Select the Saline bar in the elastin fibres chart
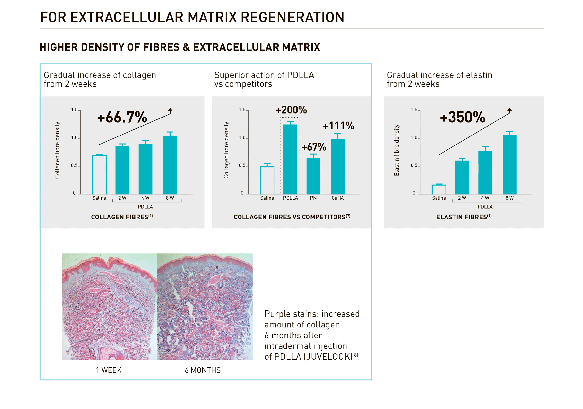[x=439, y=190]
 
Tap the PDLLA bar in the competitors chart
[x=290, y=159]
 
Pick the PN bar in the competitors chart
[x=313, y=176]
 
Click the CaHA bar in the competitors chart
[x=338, y=166]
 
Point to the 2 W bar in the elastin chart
[x=462, y=177]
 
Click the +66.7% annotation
[x=122, y=117]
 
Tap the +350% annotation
[x=462, y=117]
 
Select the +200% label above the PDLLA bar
[x=291, y=110]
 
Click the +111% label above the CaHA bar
[x=338, y=126]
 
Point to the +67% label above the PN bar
[x=314, y=147]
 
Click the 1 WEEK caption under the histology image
[x=109, y=370]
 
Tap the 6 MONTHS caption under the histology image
[x=203, y=370]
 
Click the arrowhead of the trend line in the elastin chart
[x=509, y=110]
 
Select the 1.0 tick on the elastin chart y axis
[x=414, y=138]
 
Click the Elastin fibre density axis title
[x=397, y=150]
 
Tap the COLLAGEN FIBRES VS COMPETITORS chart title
[x=292, y=217]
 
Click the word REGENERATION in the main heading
[x=292, y=17]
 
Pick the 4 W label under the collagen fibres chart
[x=145, y=198]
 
